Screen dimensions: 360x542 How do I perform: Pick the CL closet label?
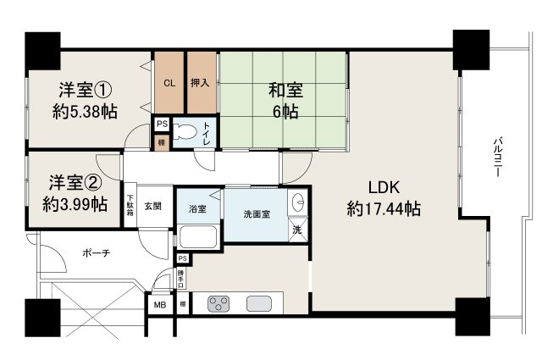[x=169, y=84]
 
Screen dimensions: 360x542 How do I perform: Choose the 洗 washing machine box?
[x=298, y=230]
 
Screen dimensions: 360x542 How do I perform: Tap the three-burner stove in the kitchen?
[x=218, y=302]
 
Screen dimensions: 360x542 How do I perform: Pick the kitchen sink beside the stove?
[x=258, y=302]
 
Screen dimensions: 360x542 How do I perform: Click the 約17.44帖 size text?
[x=384, y=208]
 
